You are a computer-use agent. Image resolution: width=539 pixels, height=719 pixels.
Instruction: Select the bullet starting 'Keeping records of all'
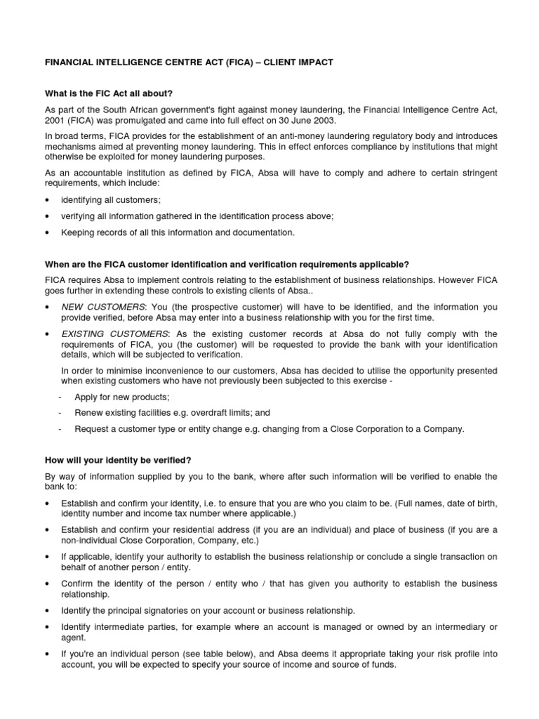click(x=178, y=232)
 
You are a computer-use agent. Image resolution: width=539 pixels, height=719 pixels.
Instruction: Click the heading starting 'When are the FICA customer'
click(x=227, y=264)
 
